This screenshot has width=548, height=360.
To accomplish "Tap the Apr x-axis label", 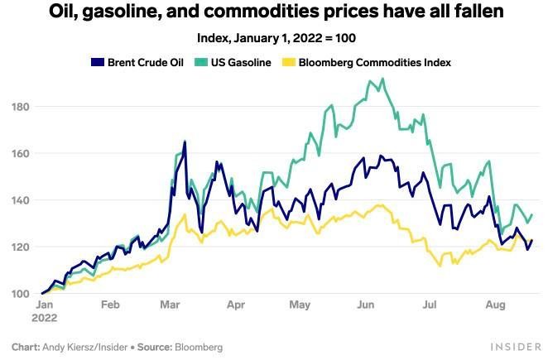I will (x=236, y=305).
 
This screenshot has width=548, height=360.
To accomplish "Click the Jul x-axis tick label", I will (x=429, y=305).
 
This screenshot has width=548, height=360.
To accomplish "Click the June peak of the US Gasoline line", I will (x=382, y=79).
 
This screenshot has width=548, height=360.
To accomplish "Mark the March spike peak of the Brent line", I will (x=185, y=142).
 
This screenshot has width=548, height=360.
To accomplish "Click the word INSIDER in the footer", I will (x=515, y=347).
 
